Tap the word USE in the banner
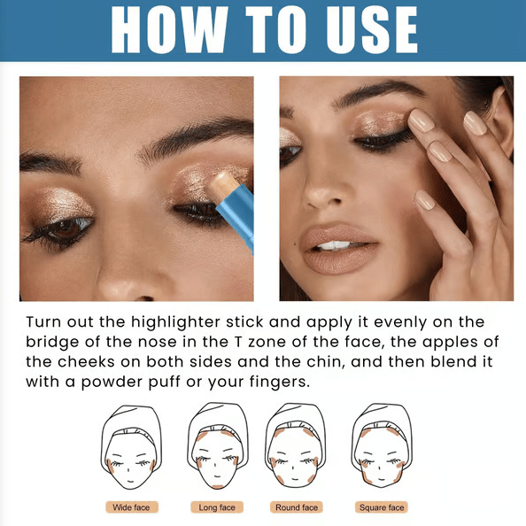tap(372, 29)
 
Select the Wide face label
tap(131, 507)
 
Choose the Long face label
tap(217, 507)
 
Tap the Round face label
tap(297, 507)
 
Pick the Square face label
tap(382, 507)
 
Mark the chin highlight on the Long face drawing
tap(217, 487)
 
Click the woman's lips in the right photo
tap(339, 248)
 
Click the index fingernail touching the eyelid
tap(422, 120)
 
